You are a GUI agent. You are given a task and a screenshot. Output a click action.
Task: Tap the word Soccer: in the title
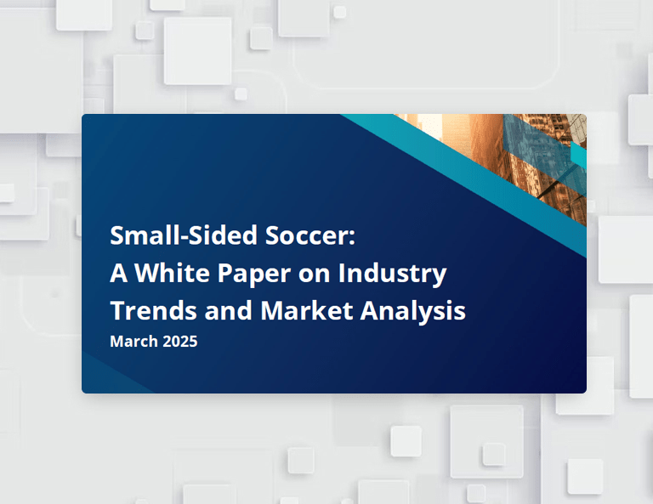[x=310, y=235]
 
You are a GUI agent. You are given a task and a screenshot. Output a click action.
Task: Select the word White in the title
[x=172, y=273]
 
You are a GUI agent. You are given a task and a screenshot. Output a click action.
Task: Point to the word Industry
[x=392, y=275]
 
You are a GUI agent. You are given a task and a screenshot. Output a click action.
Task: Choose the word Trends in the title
[x=153, y=310]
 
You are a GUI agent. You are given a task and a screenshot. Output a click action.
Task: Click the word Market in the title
[x=307, y=310]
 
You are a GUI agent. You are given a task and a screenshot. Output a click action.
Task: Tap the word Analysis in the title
[x=413, y=312]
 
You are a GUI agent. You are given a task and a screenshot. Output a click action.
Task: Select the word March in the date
[x=133, y=342]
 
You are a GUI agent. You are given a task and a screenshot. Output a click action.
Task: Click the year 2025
[x=180, y=342]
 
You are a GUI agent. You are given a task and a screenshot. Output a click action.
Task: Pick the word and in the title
[x=229, y=310]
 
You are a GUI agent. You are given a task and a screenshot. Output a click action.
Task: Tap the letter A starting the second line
[x=118, y=273]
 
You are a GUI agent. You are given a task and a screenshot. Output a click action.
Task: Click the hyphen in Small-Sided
[x=182, y=237]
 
